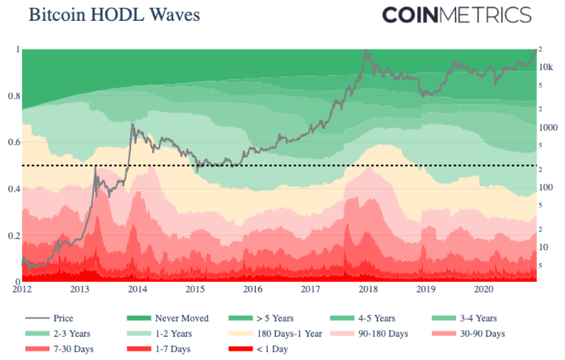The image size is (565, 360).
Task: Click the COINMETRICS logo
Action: pyautogui.click(x=457, y=15)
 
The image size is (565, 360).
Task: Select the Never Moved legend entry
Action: pyautogui.click(x=182, y=318)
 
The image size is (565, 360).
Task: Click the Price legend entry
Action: pyautogui.click(x=64, y=318)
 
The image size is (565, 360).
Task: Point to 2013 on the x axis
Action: pyautogui.click(x=80, y=289)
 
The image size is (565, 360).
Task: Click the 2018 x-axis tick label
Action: pyautogui.click(x=368, y=289)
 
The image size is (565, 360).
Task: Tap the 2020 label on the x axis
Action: pyautogui.click(x=483, y=289)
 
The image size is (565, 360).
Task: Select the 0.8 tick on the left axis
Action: pyautogui.click(x=12, y=96)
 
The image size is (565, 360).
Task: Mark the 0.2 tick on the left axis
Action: pyautogui.click(x=12, y=235)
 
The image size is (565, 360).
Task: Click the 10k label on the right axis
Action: pyautogui.click(x=546, y=67)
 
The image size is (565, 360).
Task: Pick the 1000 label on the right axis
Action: pyautogui.click(x=547, y=128)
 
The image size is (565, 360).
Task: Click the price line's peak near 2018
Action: pyautogui.click(x=367, y=50)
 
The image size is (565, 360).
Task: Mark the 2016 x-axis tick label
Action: pyautogui.click(x=252, y=289)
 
